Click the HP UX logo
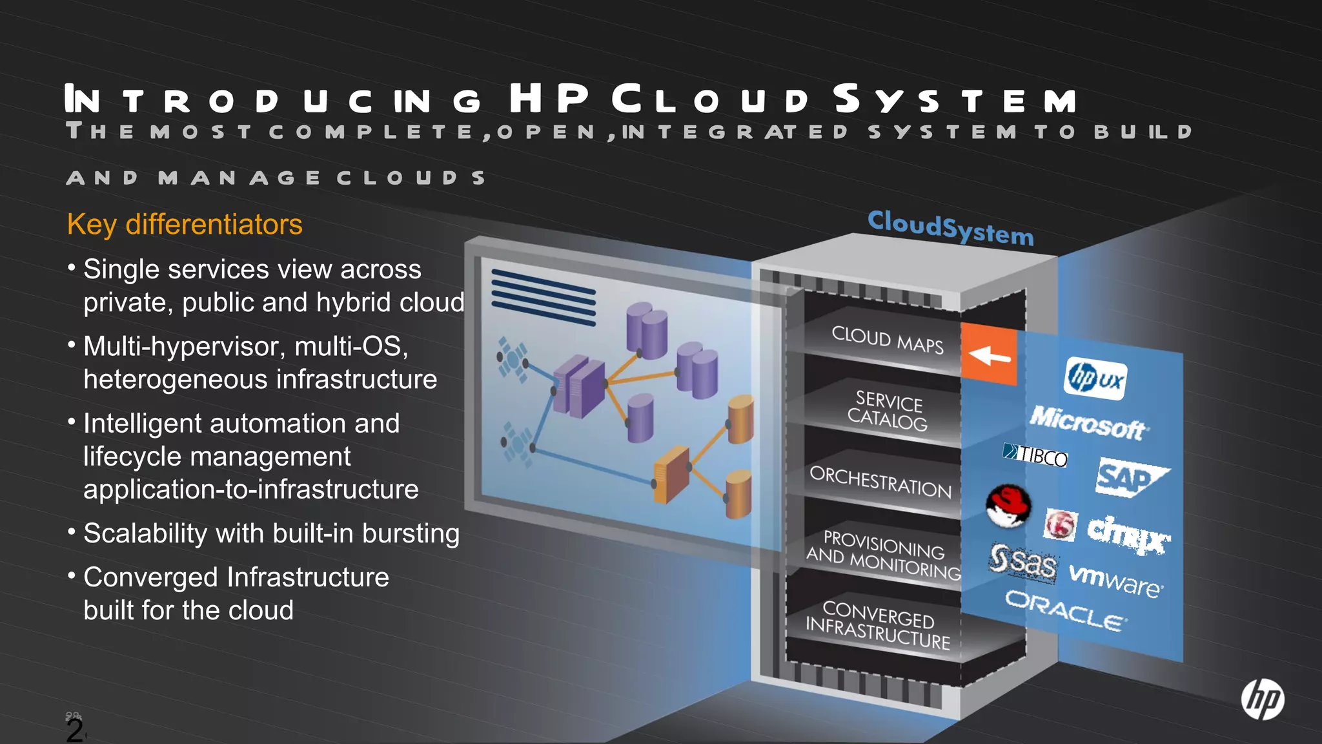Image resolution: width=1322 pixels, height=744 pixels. pyautogui.click(x=1095, y=378)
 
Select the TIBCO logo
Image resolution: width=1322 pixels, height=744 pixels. pyautogui.click(x=1035, y=455)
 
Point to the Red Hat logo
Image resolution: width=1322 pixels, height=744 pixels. pyautogui.click(x=1008, y=506)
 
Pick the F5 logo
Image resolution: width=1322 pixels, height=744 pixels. pyautogui.click(x=1060, y=524)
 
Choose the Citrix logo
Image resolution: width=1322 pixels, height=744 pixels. pyautogui.click(x=1127, y=534)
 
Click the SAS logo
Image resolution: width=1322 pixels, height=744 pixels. pyautogui.click(x=1022, y=562)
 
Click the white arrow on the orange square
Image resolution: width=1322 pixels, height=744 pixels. pyautogui.click(x=989, y=355)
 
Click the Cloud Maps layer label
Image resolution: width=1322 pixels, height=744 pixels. pyautogui.click(x=887, y=340)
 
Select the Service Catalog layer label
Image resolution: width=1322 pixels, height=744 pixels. pyautogui.click(x=888, y=411)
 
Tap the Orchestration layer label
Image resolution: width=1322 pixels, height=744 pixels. pyautogui.click(x=880, y=482)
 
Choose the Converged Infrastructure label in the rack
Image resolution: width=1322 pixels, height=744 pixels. pyautogui.click(x=878, y=625)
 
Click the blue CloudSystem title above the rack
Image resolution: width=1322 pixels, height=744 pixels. pyautogui.click(x=950, y=227)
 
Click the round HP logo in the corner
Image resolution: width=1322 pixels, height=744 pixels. pyautogui.click(x=1262, y=699)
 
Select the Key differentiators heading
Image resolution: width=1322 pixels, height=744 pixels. pyautogui.click(x=185, y=225)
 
